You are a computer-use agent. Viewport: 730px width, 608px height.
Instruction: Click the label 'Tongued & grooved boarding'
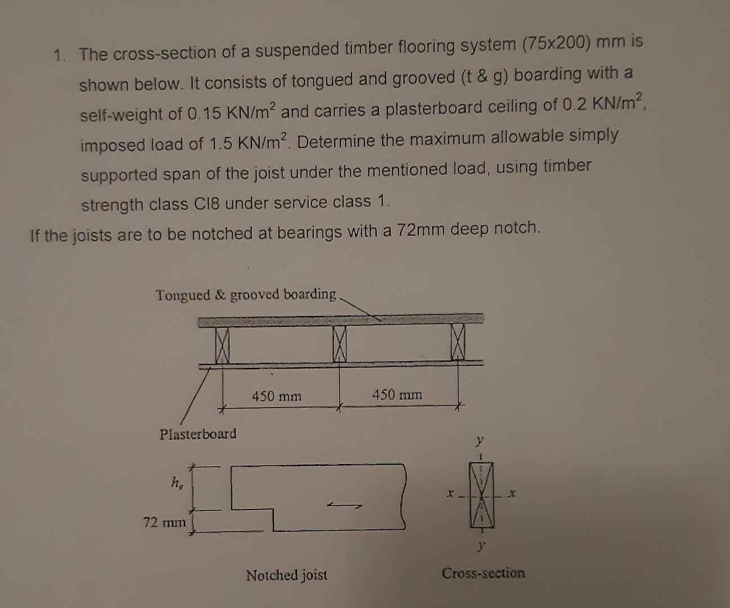(x=246, y=295)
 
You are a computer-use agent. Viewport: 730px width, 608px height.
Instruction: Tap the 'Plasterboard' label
(x=198, y=434)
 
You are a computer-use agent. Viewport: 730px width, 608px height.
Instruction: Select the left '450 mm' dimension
(x=277, y=396)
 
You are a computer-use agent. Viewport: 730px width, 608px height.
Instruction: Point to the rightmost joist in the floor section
(x=458, y=342)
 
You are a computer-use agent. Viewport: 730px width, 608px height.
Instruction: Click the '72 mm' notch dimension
(x=164, y=522)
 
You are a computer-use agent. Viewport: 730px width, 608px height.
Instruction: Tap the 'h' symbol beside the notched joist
(x=176, y=482)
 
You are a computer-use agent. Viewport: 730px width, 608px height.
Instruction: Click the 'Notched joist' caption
(x=287, y=575)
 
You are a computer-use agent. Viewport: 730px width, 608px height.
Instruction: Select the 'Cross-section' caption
(x=483, y=574)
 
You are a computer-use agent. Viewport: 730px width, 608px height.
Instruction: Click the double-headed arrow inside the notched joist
(x=344, y=506)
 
